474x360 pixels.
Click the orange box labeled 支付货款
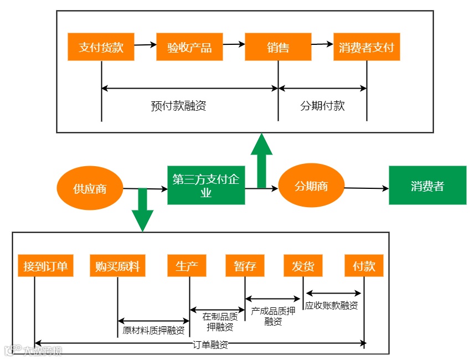pos(101,47)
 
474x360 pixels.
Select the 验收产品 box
pos(189,47)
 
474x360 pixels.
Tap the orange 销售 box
pos(278,47)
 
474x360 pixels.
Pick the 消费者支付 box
pos(367,47)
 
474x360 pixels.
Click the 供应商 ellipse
pos(90,188)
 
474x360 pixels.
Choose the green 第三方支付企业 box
pos(206,186)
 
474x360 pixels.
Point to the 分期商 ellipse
pos(311,186)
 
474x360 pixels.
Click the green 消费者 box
pos(427,186)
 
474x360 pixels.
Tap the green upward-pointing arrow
pos(261,160)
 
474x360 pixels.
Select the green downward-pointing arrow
pos(142,210)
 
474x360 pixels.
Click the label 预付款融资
pos(178,106)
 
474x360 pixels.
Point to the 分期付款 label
pos(322,106)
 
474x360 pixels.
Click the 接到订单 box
pos(45,266)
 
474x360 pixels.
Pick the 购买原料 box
pos(117,266)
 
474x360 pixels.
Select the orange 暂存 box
pos(245,266)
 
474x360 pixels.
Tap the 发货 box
pos(303,266)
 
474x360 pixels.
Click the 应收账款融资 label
pos(331,306)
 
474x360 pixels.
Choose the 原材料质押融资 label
pos(153,331)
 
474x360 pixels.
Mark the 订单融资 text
pos(210,344)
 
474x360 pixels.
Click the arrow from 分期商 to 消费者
pos(367,188)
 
